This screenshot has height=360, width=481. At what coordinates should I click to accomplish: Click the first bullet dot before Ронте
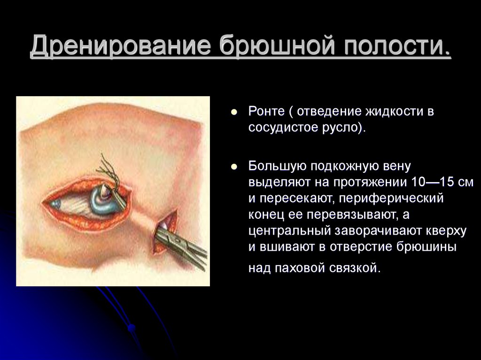click(233, 113)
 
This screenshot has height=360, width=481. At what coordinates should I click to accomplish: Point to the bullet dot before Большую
click(233, 167)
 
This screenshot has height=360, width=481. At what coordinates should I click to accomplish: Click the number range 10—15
click(431, 182)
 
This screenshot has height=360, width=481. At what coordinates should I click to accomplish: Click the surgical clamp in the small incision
click(181, 244)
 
